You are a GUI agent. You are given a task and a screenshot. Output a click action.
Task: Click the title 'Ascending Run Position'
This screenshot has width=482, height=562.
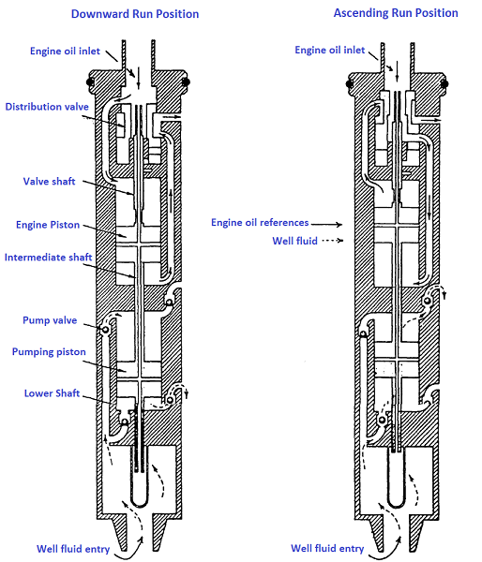coord(396,13)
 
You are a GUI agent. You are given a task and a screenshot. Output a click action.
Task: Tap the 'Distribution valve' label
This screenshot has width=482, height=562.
coord(46,107)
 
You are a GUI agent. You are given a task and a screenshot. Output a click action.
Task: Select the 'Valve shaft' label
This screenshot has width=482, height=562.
coord(50,181)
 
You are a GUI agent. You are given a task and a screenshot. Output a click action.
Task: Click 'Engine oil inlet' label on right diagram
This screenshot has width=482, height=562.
coord(332,50)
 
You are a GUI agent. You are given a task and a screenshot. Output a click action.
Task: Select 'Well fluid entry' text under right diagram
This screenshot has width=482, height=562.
coord(327,548)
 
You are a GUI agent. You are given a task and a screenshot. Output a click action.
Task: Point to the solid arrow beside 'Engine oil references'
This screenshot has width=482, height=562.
coord(327,224)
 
